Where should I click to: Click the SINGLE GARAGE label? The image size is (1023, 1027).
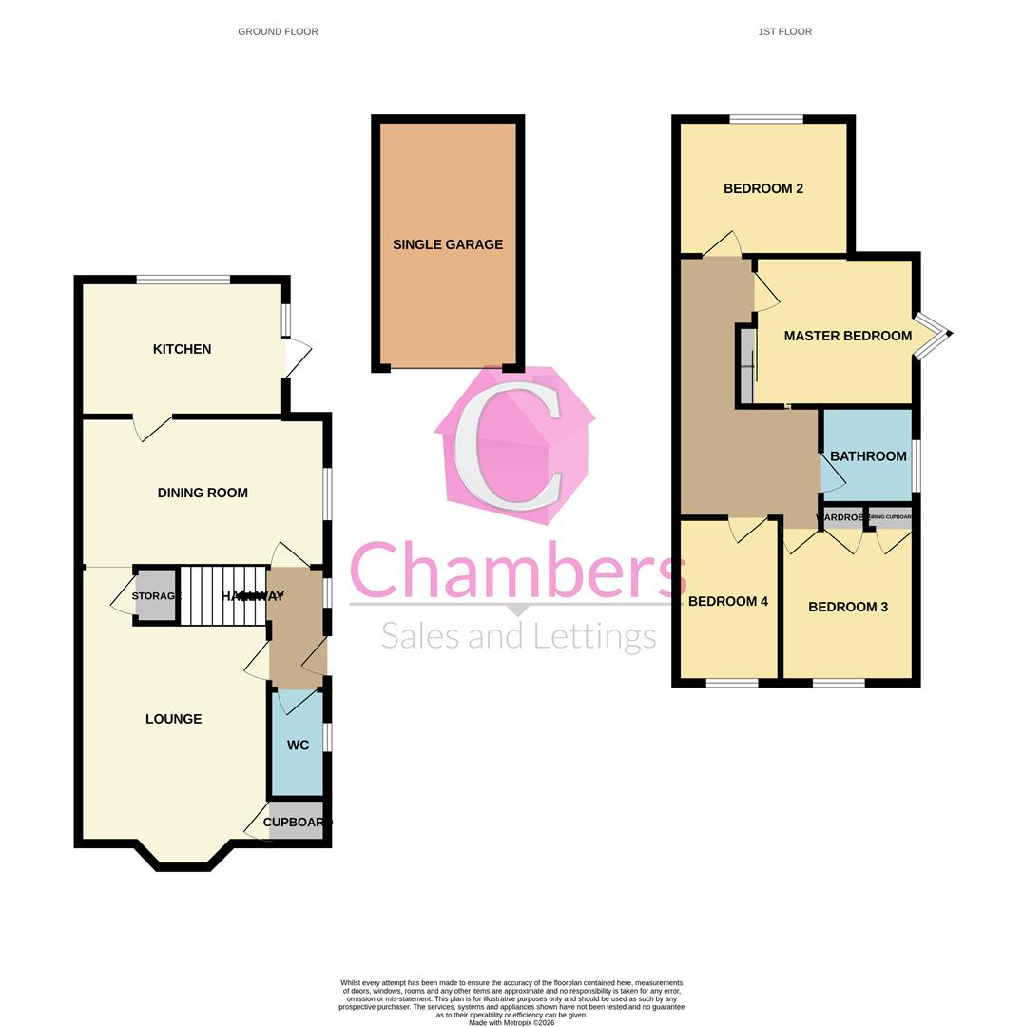448,244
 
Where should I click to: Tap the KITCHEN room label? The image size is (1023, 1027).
182,349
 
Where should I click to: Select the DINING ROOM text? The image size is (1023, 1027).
203,493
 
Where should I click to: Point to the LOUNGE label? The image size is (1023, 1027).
173,719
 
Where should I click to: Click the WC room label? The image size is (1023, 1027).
298,746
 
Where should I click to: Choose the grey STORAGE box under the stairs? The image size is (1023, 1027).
156,596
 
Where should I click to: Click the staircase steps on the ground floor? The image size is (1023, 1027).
222,596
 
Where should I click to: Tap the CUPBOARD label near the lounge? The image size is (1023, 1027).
297,823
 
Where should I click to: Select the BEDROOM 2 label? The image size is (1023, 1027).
763,188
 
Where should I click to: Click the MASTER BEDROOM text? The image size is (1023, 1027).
847,336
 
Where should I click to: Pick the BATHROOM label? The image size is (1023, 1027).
868,456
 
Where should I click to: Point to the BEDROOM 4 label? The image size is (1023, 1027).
728,601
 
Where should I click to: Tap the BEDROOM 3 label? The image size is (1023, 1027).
848,607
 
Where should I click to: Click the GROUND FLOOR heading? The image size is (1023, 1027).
278,31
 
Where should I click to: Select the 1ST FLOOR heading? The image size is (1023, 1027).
784,31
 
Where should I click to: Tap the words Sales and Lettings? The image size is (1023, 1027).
518,635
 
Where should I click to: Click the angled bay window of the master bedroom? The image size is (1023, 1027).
933,335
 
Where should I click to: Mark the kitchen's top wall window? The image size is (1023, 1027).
183,280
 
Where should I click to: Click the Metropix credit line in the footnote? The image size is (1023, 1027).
511,1022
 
